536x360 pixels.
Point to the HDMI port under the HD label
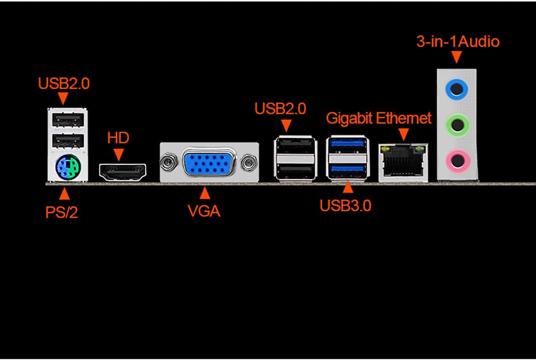point(122,170)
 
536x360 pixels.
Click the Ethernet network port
point(403,163)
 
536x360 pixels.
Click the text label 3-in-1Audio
point(458,42)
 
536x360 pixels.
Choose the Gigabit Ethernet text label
point(378,118)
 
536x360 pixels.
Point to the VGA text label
point(204,211)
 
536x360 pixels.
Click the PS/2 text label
point(61,213)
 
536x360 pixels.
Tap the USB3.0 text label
point(345,206)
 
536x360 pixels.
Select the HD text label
point(118,138)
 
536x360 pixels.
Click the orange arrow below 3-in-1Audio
point(457,57)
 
